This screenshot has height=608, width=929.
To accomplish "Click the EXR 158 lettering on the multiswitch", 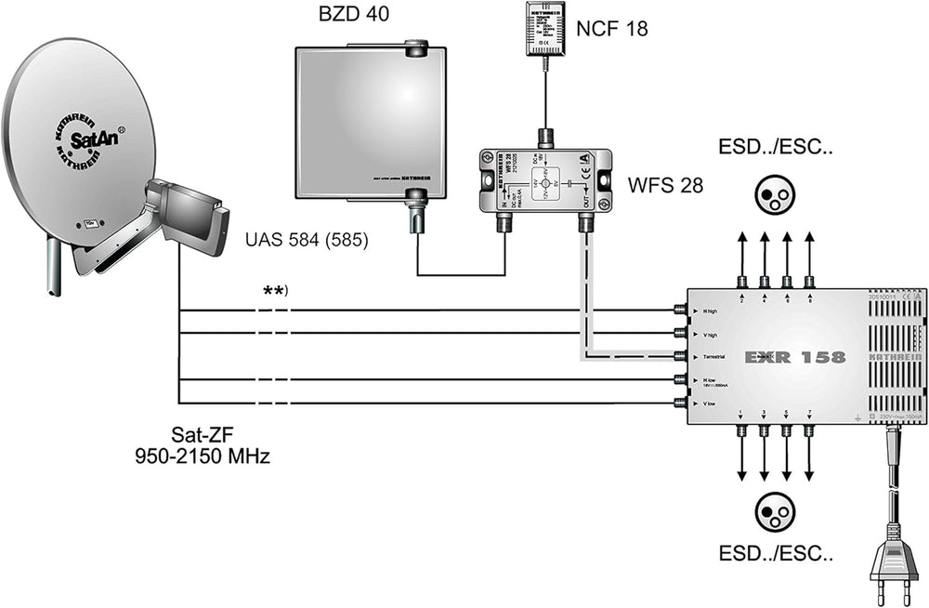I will tap(795, 356).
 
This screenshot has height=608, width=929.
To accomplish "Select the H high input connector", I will tap(680, 311).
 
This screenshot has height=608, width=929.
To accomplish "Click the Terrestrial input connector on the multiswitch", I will tap(680, 356).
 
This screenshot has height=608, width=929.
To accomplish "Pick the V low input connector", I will tap(680, 403).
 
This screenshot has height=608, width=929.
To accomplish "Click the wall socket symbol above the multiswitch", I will tap(776, 190).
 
